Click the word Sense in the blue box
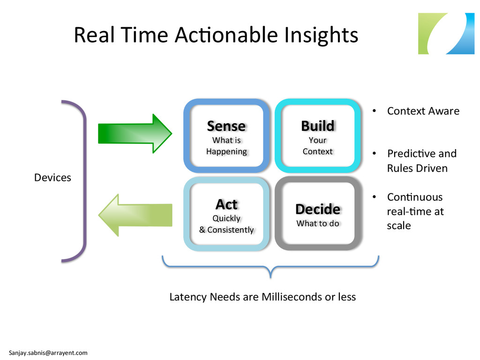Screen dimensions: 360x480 226,126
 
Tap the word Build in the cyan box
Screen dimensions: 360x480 317,126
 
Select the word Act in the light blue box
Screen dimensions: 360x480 226,204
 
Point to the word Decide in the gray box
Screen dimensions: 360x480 318,209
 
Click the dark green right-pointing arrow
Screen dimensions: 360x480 135,133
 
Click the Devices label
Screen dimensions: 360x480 52,178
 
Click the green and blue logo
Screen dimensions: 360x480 446,33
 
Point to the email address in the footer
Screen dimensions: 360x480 48,352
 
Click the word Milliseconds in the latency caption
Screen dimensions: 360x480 292,297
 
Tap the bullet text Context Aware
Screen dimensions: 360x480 423,111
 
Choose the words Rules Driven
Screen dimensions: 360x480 417,168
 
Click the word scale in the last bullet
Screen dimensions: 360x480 398,225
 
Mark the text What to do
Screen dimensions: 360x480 318,224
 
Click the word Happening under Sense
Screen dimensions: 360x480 226,151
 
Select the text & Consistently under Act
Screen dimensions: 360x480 226,230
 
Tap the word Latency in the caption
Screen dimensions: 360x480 188,297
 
